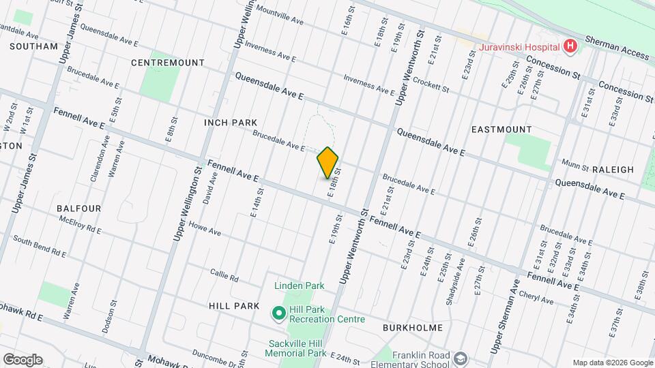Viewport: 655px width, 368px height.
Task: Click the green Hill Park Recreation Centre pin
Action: (x=278, y=314)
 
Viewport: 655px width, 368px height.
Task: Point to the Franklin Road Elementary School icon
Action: (x=461, y=358)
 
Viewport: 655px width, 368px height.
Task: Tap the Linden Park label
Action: (x=300, y=286)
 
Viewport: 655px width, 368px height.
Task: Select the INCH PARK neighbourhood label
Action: (x=230, y=123)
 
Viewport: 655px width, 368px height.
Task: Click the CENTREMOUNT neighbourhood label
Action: (x=168, y=63)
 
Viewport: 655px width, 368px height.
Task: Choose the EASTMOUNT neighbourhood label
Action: (x=501, y=129)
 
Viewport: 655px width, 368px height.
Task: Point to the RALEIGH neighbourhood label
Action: (x=613, y=170)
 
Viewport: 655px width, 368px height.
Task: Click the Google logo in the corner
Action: (x=23, y=359)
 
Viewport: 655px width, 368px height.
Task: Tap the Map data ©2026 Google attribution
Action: (x=612, y=363)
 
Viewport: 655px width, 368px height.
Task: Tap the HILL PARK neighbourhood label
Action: (x=235, y=307)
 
